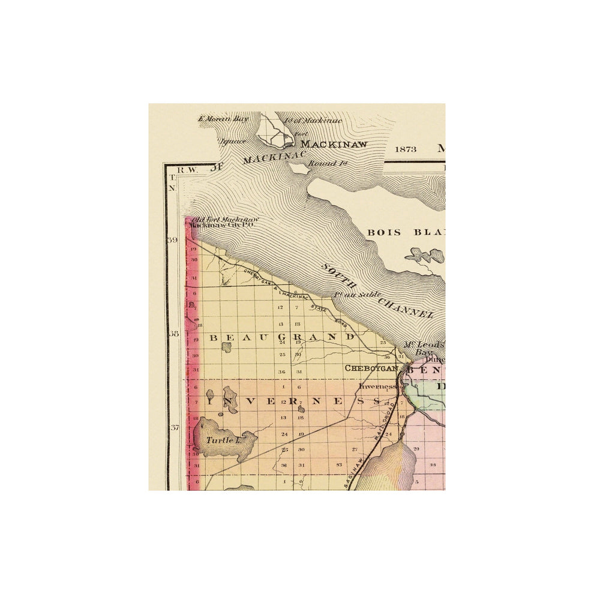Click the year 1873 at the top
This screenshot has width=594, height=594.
pos(406,147)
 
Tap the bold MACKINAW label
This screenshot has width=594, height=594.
pos(334,144)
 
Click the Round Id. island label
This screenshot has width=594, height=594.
pos(321,163)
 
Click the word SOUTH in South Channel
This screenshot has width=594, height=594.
pos(338,278)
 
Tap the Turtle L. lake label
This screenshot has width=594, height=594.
pos(223,440)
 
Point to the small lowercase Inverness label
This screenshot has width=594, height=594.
pos(378,386)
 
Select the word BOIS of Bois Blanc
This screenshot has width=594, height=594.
pos(384,232)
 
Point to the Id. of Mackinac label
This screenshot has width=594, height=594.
pos(321,121)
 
